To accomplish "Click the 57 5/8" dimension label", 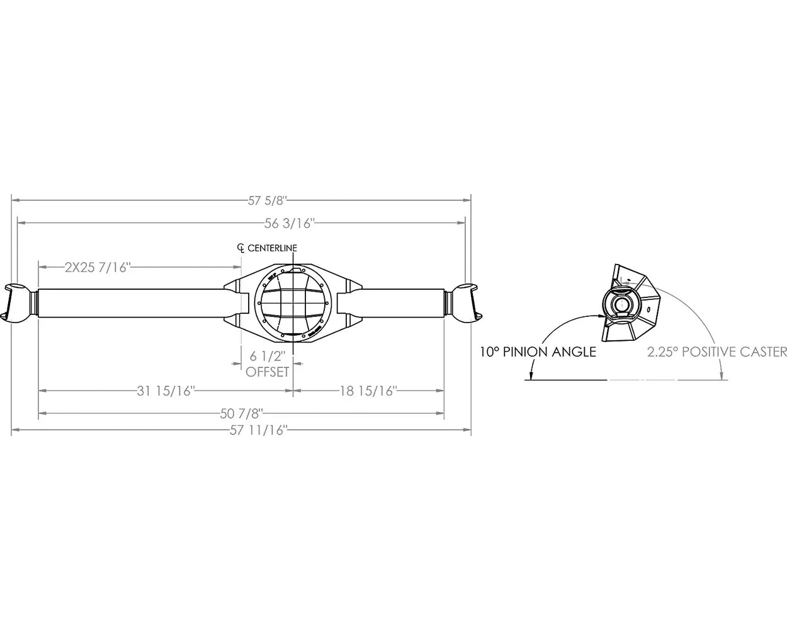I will [x=267, y=200].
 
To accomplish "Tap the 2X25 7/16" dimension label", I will [x=98, y=267].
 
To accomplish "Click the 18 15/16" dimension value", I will [x=368, y=391].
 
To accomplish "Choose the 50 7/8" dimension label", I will [x=241, y=413].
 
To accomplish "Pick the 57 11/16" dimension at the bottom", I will [x=258, y=431].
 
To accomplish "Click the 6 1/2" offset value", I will [x=268, y=356].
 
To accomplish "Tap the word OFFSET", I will [x=268, y=372].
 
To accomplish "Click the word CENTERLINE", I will [x=272, y=248].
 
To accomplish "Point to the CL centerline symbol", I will [x=241, y=248].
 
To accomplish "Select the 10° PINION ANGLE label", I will [x=537, y=352].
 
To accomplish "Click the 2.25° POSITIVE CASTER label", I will [x=717, y=352].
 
